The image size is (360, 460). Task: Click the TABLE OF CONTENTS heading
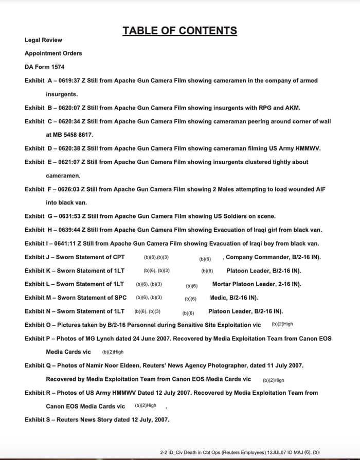(x=179, y=30)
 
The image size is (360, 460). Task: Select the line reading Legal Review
(x=43, y=40)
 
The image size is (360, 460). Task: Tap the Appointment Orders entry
(x=53, y=53)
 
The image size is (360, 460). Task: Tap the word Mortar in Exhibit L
(x=222, y=284)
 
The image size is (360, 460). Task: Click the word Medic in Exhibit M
(x=219, y=298)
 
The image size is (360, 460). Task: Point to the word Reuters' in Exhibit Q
(x=171, y=365)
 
